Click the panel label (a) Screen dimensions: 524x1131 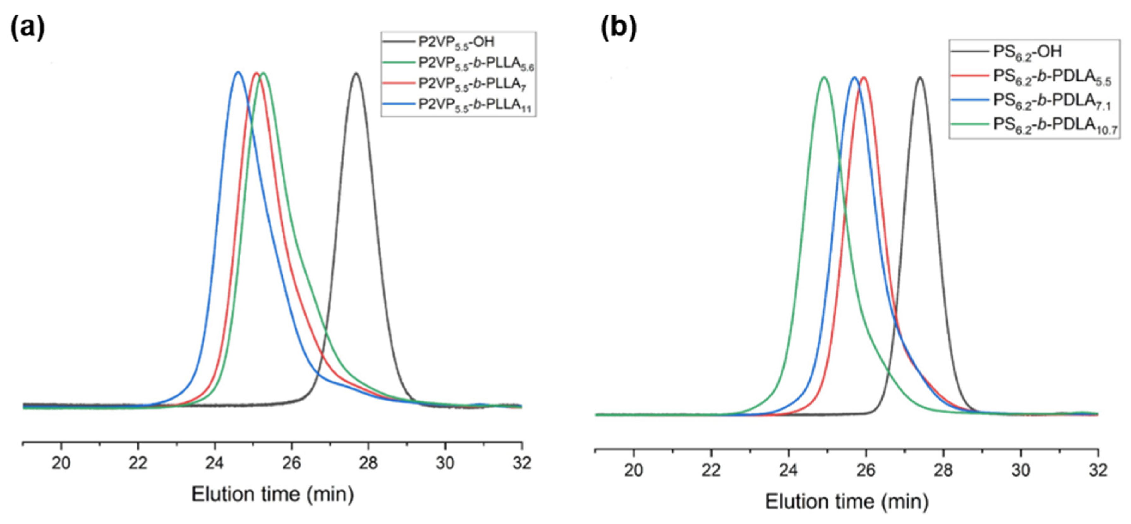(x=27, y=29)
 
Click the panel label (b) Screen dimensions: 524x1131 (x=618, y=29)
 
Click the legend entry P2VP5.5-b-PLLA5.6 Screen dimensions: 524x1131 (x=476, y=63)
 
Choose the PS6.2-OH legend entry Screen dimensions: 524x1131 (x=1027, y=52)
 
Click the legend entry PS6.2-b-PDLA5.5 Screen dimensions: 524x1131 (x=1052, y=77)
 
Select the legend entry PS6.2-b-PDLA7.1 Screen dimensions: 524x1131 (x=1052, y=101)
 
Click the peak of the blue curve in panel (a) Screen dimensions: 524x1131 (x=238, y=72)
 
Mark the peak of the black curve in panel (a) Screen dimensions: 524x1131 (x=356, y=73)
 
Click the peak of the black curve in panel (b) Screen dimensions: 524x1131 (x=920, y=78)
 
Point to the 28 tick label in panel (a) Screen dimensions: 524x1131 (x=368, y=463)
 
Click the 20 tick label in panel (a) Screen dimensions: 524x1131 (x=61, y=463)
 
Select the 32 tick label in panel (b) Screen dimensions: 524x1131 (x=1098, y=470)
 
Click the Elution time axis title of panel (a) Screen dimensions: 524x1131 (x=272, y=495)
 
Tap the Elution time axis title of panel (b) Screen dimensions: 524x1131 (x=847, y=502)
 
